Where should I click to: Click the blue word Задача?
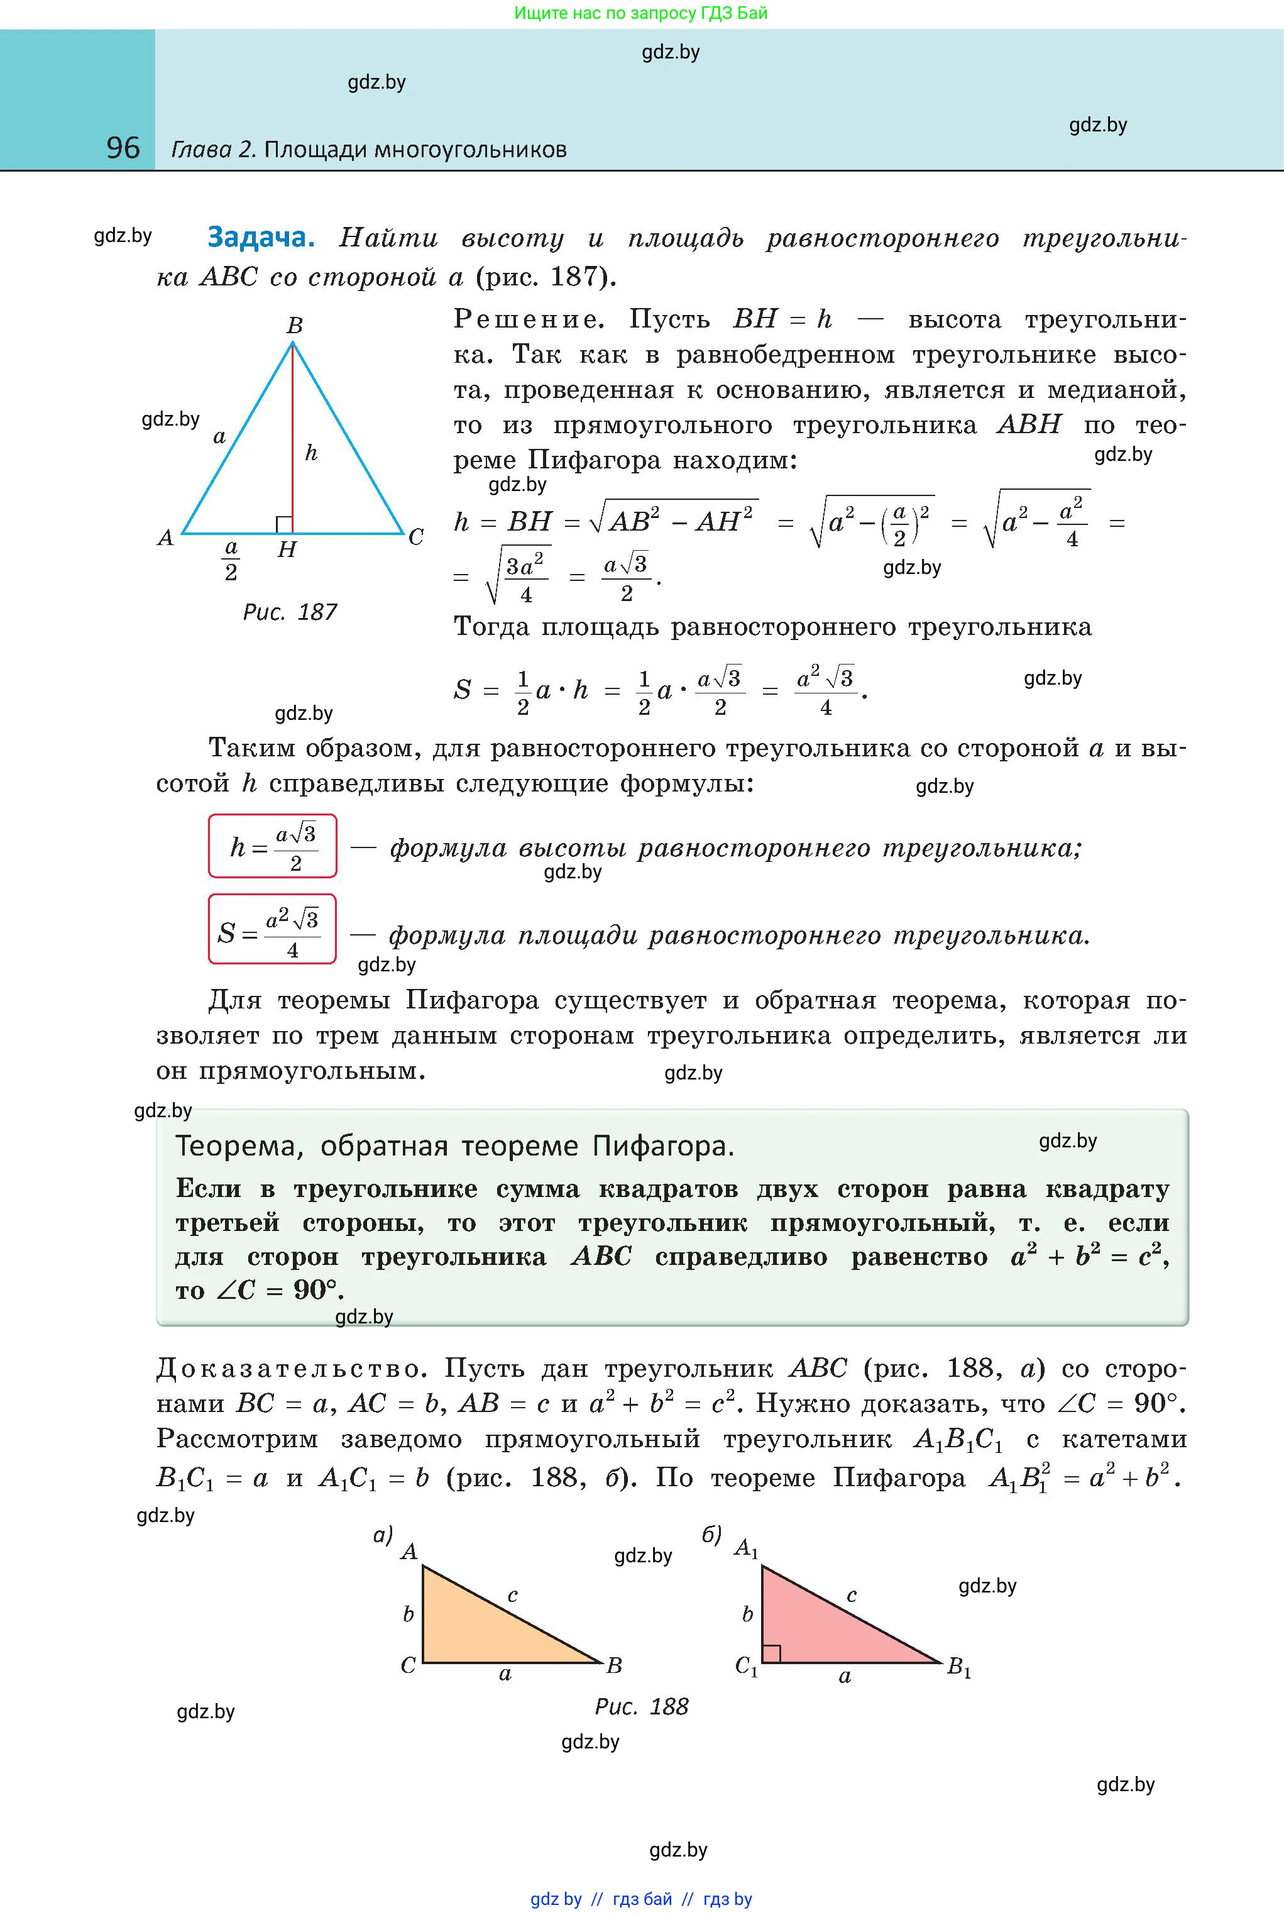[260, 237]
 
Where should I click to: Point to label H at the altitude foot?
[286, 549]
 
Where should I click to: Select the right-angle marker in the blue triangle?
[283, 525]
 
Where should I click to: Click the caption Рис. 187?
[290, 612]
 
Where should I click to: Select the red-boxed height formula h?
[273, 846]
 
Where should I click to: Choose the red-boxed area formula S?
[273, 930]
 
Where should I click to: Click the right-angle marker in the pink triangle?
[771, 1653]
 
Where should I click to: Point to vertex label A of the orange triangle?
[409, 1550]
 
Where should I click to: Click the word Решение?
[529, 319]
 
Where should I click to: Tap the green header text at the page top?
[641, 13]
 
